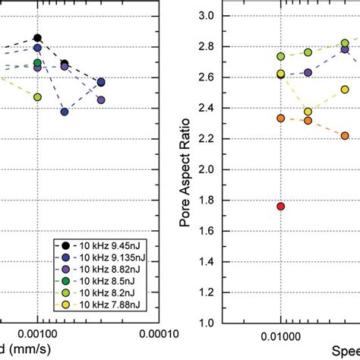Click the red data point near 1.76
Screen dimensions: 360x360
(281, 207)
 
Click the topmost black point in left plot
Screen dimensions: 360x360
(37, 38)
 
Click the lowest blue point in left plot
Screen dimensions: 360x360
(65, 112)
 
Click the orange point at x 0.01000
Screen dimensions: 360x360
(281, 118)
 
